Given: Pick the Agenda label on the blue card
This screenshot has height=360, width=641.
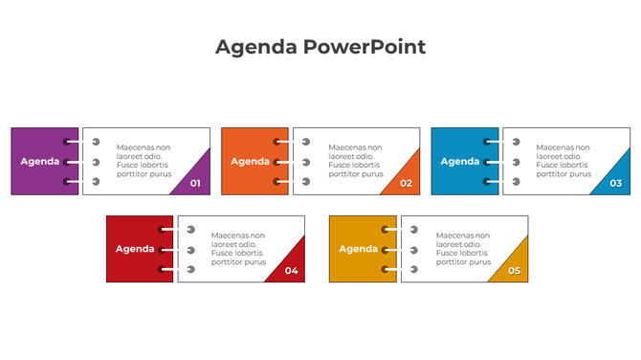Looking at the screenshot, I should pyautogui.click(x=460, y=161).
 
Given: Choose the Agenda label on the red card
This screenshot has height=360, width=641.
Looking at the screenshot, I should pyautogui.click(x=135, y=249).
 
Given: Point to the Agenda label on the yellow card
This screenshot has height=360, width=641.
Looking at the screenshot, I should pyautogui.click(x=359, y=249).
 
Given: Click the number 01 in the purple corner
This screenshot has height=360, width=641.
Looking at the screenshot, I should pyautogui.click(x=196, y=183).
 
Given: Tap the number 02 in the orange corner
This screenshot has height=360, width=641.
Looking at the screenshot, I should pyautogui.click(x=406, y=183).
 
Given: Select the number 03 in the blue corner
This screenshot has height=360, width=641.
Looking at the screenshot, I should pyautogui.click(x=615, y=183).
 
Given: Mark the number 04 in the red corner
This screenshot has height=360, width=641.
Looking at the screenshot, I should pyautogui.click(x=291, y=271).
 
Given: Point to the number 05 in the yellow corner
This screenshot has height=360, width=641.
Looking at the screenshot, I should pyautogui.click(x=514, y=271).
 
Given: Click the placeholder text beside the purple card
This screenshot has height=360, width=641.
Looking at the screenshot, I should pyautogui.click(x=144, y=161).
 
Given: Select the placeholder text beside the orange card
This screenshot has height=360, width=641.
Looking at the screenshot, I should pyautogui.click(x=355, y=161).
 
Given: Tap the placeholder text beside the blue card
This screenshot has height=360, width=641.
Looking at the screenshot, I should pyautogui.click(x=564, y=161).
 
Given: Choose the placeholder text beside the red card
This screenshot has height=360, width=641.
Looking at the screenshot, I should pyautogui.click(x=238, y=249).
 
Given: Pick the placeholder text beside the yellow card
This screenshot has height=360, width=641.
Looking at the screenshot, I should pyautogui.click(x=463, y=249).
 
